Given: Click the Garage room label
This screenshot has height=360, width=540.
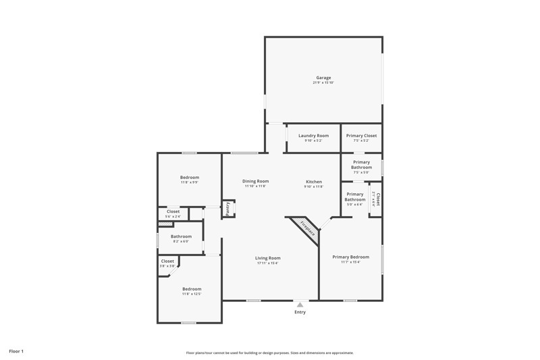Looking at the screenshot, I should pos(323,78).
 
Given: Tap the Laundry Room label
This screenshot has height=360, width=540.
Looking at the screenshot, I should pos(313,136).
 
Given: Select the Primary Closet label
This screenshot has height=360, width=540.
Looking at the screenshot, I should pos(361,136).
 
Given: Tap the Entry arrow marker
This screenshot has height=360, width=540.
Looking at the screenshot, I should pos(300,305).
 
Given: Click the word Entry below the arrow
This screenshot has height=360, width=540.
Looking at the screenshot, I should pos(300,312).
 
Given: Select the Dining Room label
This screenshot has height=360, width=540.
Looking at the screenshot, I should pos(255,181).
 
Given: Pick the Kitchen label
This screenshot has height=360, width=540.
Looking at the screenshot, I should pos(314,182).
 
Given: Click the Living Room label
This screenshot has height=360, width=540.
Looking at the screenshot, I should pos(267,258).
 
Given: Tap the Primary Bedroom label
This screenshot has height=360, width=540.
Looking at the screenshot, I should pos(350,257).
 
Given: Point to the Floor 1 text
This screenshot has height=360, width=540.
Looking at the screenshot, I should pos(16,351).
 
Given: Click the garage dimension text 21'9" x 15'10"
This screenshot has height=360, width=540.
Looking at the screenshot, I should pos(323,83).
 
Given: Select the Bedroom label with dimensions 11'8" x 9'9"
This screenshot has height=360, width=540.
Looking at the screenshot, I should pos(190,178).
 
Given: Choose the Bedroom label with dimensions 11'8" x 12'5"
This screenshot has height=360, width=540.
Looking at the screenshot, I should pos(192,289).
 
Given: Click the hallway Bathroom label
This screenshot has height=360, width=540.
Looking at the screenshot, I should pos(181,236).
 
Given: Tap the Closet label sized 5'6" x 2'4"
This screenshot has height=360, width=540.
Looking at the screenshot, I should pos(173,211).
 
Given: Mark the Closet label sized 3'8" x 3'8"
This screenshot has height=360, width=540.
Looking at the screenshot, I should pos(167,261).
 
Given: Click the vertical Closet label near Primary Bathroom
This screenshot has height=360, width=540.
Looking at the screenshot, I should pos(378,200).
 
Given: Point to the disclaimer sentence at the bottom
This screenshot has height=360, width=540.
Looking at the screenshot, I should pos(270,353).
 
